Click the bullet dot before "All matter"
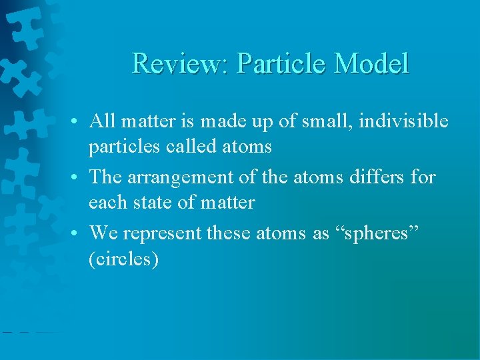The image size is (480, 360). click(x=79, y=122)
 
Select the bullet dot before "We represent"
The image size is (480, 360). click(x=79, y=233)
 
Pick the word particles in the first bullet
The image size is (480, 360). click(x=119, y=147)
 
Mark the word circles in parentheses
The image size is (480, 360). click(x=123, y=258)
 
